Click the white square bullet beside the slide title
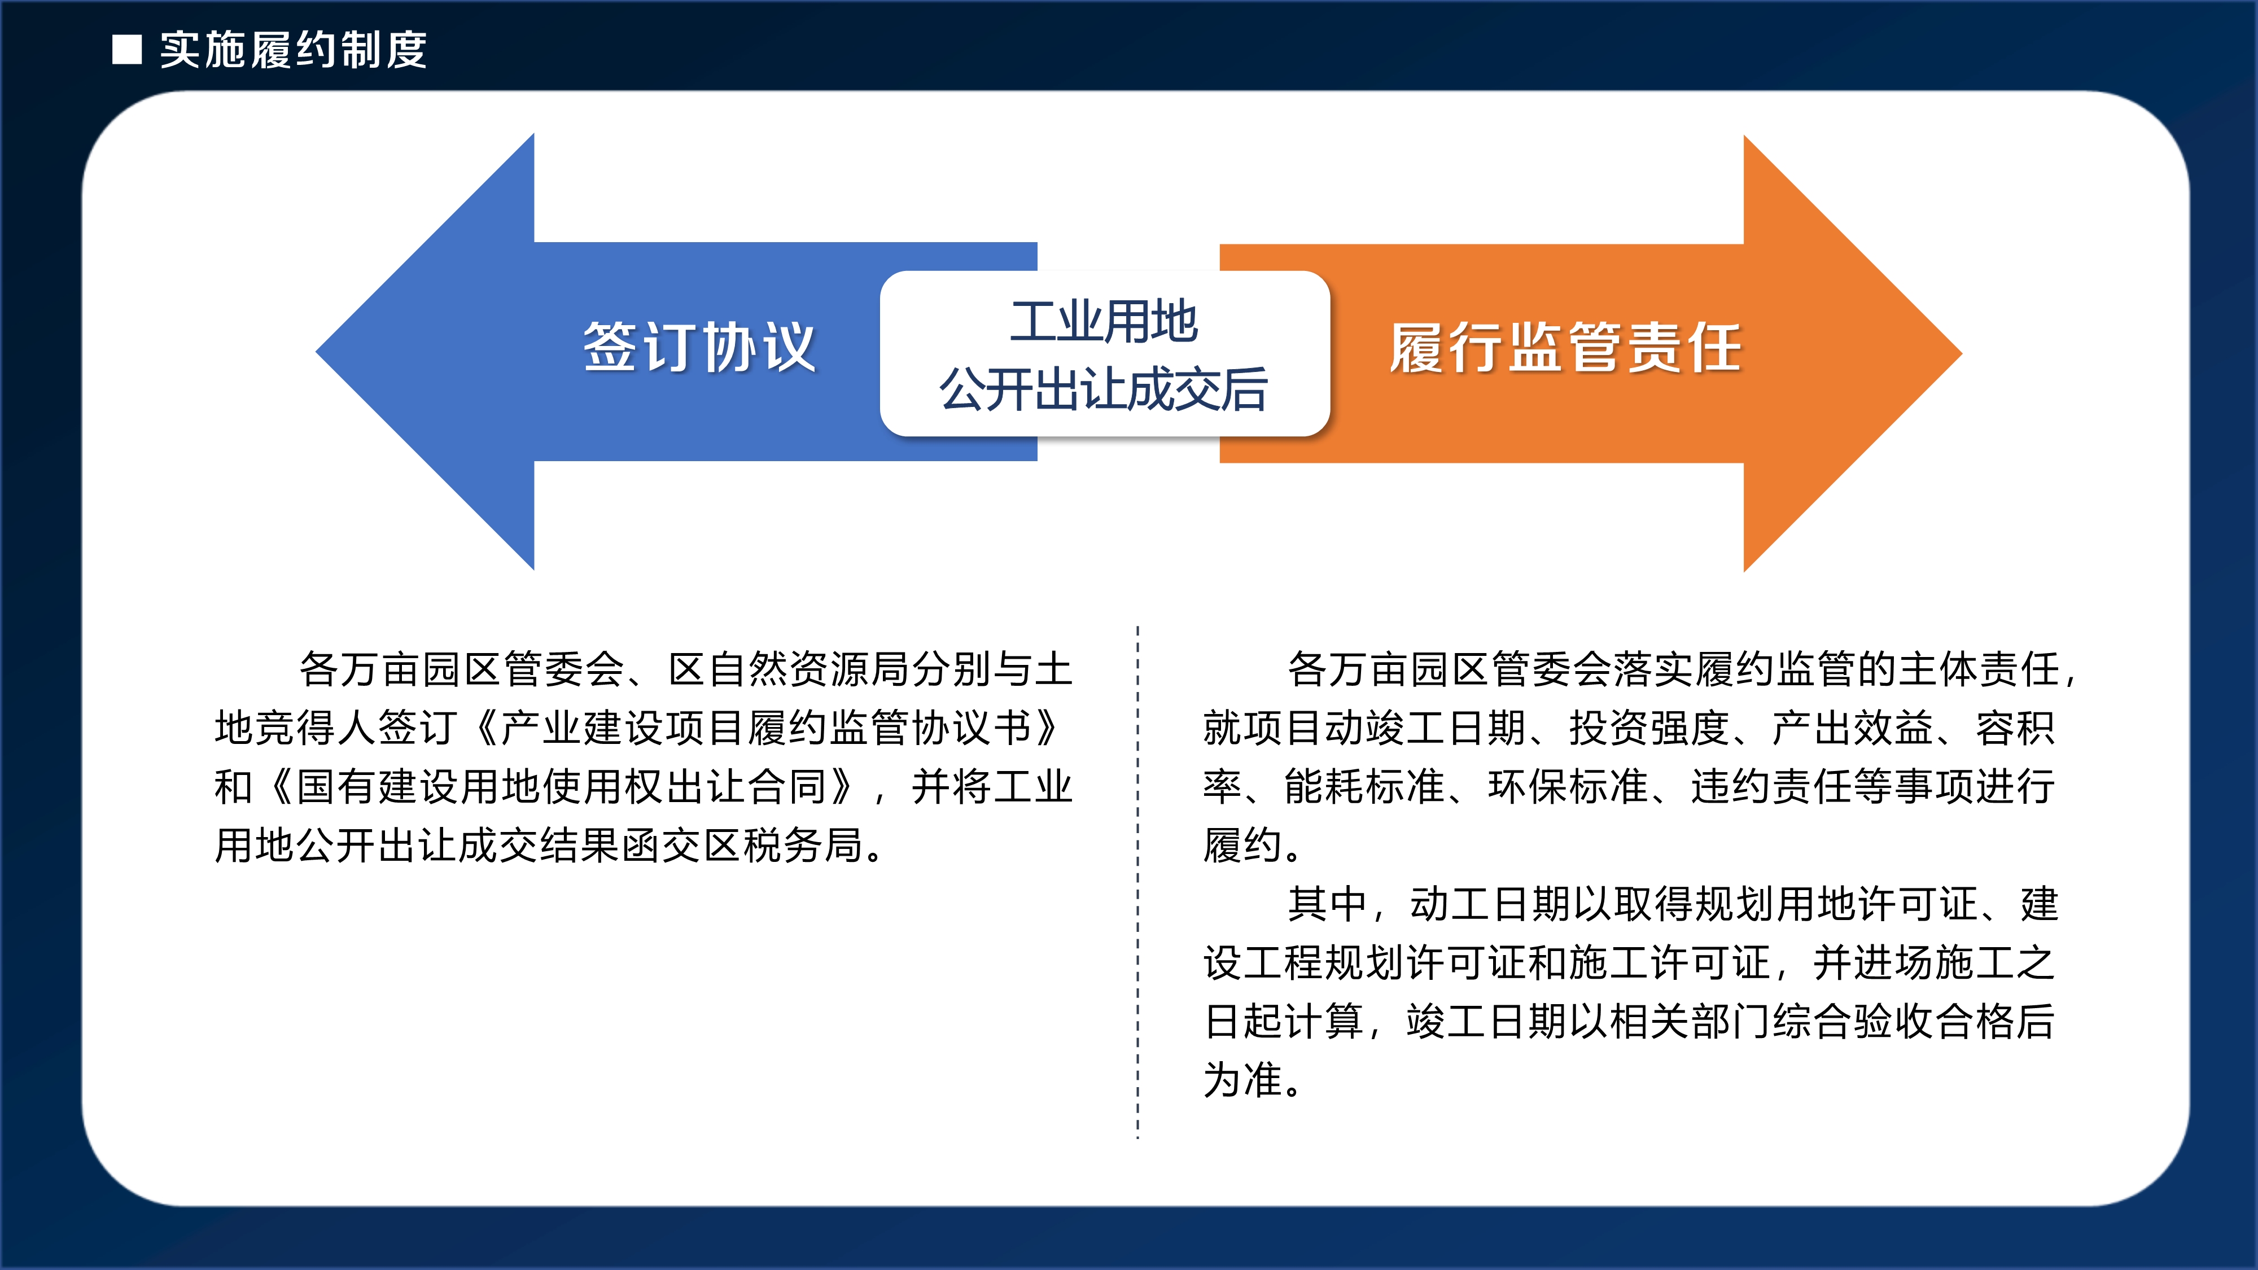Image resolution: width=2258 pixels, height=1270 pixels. point(127,50)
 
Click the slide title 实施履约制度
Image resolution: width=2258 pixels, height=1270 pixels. point(294,50)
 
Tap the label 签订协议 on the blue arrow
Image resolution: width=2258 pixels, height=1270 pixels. point(699,347)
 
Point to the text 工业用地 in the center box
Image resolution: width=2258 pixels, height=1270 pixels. point(1104,322)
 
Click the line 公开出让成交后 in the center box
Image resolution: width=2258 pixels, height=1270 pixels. point(1104,389)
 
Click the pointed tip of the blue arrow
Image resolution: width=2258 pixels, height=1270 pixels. point(317,352)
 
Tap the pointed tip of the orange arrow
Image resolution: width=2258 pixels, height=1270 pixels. point(1961,353)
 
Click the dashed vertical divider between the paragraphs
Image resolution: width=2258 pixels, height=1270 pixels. point(1138,883)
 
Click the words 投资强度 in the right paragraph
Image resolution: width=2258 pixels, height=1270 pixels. point(1649,728)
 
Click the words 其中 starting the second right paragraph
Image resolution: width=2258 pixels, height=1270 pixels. point(1327,904)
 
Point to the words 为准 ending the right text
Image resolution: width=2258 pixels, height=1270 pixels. point(1243,1081)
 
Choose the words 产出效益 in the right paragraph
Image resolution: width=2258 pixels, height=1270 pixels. point(1852,728)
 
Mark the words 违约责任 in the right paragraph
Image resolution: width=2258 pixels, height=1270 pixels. point(1771,787)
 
